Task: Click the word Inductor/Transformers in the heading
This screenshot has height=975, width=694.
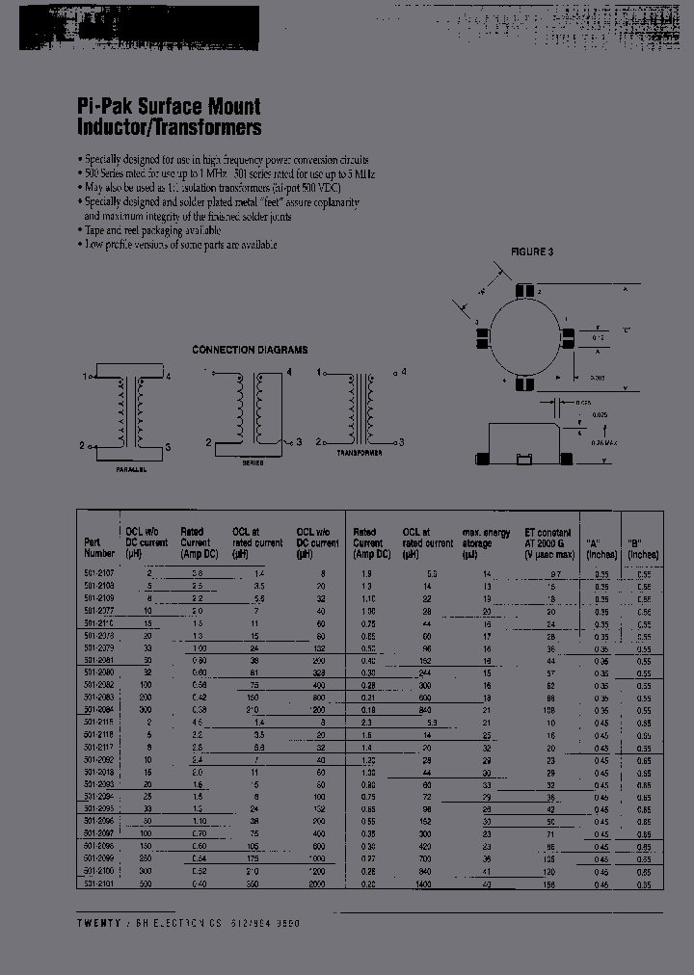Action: click(169, 127)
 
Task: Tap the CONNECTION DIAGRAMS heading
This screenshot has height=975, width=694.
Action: click(250, 350)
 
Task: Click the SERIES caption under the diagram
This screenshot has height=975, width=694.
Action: click(254, 463)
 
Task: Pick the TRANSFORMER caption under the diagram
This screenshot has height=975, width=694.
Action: click(360, 451)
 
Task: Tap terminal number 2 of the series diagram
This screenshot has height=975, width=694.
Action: click(209, 442)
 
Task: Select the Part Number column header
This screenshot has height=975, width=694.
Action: click(98, 547)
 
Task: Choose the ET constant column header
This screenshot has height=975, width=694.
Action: click(548, 543)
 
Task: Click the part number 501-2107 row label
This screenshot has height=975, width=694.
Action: click(98, 574)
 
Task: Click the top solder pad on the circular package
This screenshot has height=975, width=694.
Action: click(523, 290)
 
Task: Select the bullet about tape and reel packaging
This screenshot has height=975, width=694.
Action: click(149, 231)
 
